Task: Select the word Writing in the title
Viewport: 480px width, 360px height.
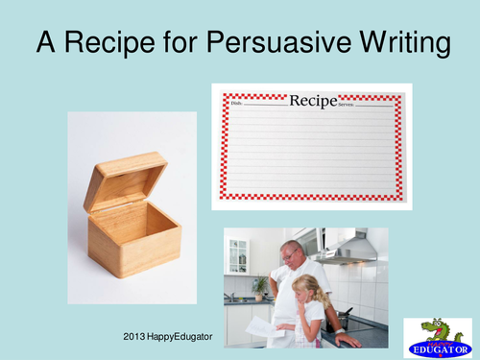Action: pos(396,43)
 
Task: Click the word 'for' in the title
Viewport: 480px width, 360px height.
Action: pos(175,43)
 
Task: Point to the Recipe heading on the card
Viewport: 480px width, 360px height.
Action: pos(313,100)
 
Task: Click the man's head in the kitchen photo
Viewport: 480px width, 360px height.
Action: pos(292,255)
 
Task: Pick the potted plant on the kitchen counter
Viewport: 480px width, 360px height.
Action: pos(259,286)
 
